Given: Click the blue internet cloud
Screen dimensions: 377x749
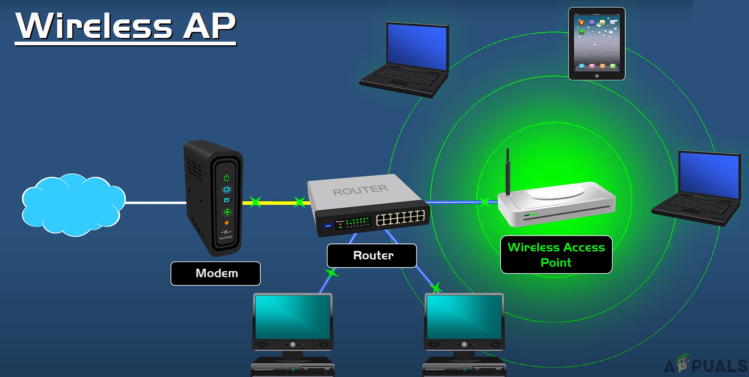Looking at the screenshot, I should [73, 204].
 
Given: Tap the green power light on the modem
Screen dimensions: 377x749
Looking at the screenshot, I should [226, 178].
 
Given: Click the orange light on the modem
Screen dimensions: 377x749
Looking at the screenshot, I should [227, 223].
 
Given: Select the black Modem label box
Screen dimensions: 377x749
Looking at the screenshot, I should [216, 274].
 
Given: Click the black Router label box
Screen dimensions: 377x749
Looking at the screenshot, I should [372, 255].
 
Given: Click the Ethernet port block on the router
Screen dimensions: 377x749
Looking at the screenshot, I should [400, 218].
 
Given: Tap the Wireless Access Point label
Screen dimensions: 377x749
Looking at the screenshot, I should [556, 255].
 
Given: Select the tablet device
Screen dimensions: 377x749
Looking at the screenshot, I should [597, 44].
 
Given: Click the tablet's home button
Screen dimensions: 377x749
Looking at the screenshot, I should [597, 76].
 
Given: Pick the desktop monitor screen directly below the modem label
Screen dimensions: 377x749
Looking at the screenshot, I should [292, 317].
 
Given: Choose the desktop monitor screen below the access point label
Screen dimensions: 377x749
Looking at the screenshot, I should [464, 317].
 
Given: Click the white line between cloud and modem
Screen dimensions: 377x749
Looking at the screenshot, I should [156, 202].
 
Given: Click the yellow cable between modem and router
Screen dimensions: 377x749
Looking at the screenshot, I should [277, 202].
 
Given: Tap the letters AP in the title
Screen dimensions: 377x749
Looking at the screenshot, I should [209, 26].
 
